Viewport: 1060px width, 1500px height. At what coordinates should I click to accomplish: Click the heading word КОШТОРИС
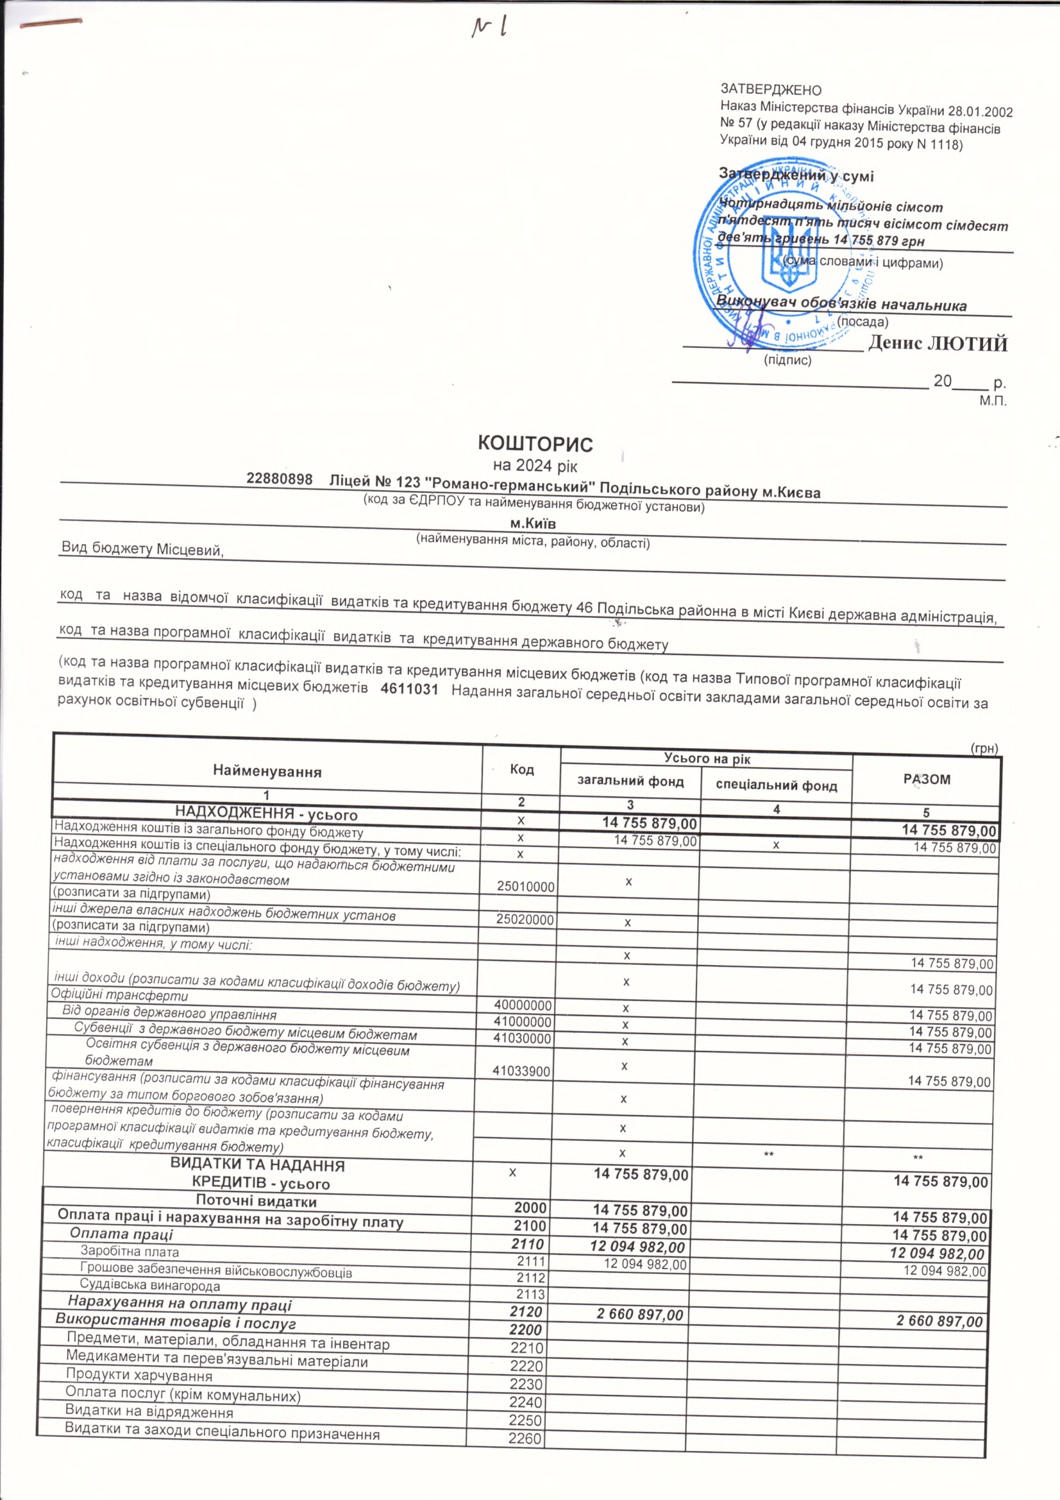tap(535, 444)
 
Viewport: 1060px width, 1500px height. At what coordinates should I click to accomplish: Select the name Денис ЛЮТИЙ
tap(938, 345)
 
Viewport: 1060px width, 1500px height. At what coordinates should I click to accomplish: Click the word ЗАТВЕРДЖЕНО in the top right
tap(771, 90)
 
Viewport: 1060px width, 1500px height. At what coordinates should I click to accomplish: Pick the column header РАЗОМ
tap(926, 780)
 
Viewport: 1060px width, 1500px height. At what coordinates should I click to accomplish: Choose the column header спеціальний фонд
tap(776, 785)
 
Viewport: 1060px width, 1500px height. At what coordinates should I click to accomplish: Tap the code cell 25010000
tap(525, 887)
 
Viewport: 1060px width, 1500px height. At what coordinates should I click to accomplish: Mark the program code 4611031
tap(409, 688)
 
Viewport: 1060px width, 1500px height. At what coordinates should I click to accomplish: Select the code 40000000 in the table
tap(524, 1005)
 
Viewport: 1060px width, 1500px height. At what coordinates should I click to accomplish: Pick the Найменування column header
tap(267, 772)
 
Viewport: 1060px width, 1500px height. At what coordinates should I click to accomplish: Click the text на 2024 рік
tap(535, 465)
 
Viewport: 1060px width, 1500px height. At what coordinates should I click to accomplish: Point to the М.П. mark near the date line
tap(992, 400)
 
